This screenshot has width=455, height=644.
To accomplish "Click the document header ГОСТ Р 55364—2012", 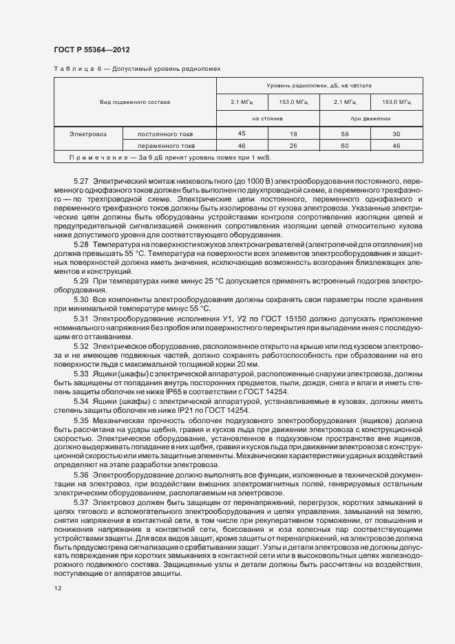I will (x=92, y=50).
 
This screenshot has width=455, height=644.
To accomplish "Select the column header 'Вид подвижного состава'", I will (x=135, y=102).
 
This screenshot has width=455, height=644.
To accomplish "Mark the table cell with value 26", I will (x=293, y=146).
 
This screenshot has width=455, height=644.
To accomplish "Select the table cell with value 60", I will (x=345, y=146).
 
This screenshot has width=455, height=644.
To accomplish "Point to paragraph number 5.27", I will (x=81, y=180).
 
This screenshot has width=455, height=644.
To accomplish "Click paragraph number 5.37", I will (x=81, y=503).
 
